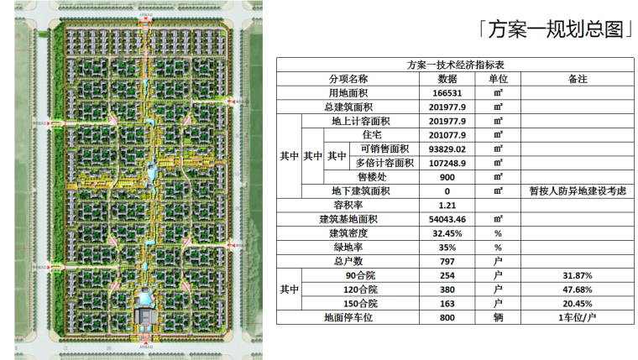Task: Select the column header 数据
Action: (447, 79)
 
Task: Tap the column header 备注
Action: (577, 79)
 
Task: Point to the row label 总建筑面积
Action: (353, 107)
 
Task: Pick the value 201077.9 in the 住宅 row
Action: (447, 135)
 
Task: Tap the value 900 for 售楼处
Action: (447, 177)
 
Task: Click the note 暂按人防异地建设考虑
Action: (577, 191)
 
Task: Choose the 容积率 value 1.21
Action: (447, 206)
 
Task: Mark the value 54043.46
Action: (447, 219)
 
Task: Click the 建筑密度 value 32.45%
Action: (447, 233)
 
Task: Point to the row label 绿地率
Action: (353, 248)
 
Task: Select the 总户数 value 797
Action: (447, 262)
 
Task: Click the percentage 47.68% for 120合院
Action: (577, 290)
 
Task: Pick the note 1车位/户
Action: (577, 318)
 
